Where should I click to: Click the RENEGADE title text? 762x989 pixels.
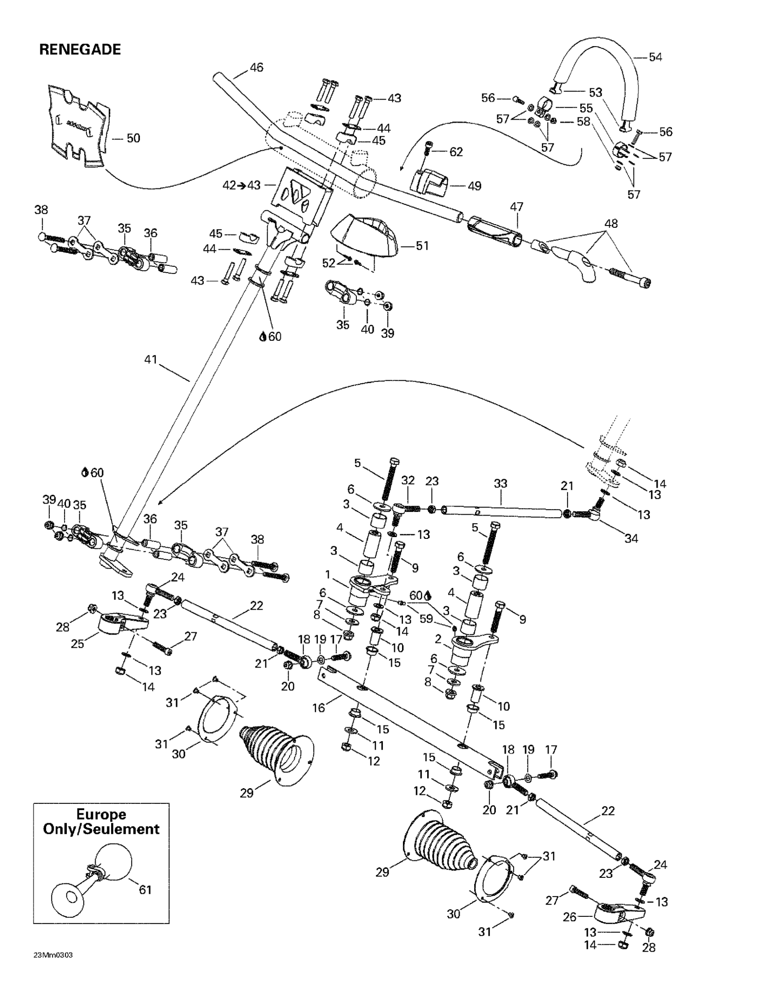tap(80, 49)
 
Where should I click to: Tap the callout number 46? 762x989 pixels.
tap(256, 68)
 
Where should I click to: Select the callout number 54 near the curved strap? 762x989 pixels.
tap(655, 57)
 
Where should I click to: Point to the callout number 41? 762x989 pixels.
tap(150, 360)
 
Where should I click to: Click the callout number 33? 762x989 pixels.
tap(500, 483)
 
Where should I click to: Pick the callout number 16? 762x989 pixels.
tap(319, 708)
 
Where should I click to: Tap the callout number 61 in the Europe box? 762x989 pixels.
tap(145, 889)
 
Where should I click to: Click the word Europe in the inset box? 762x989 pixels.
tap(101, 814)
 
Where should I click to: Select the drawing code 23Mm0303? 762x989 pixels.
tap(53, 955)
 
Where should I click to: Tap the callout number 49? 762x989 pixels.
tap(474, 186)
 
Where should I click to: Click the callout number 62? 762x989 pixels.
tap(456, 152)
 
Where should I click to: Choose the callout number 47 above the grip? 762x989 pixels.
tap(517, 207)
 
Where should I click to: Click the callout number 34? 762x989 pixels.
tap(631, 538)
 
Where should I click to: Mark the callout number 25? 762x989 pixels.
tap(78, 643)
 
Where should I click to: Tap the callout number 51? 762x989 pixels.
tap(422, 246)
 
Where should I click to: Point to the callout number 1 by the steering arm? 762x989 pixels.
tap(327, 575)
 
